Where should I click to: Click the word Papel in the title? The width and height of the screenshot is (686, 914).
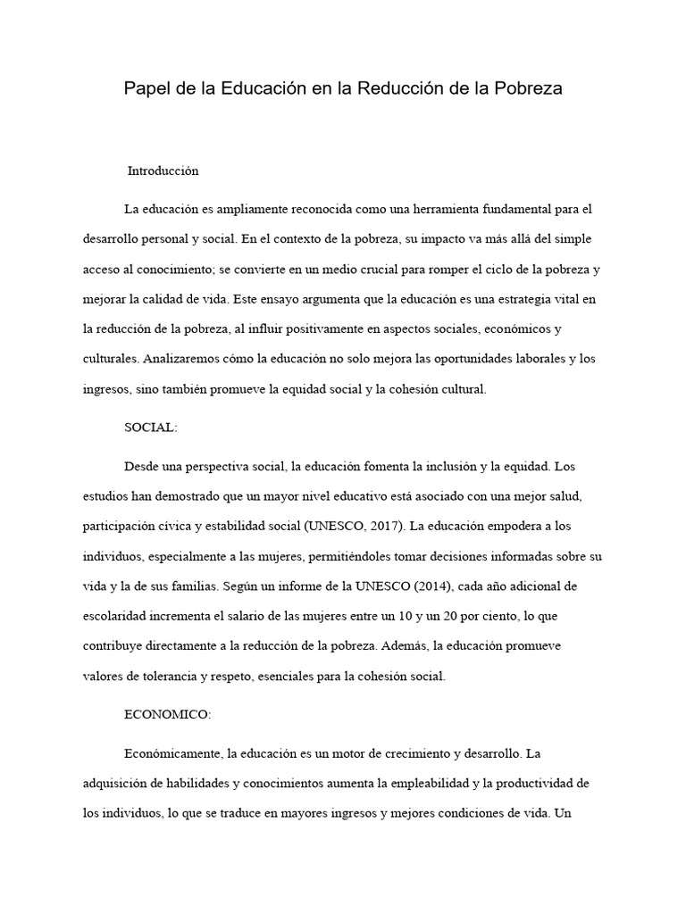click(145, 90)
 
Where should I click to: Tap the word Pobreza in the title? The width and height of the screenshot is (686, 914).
click(531, 90)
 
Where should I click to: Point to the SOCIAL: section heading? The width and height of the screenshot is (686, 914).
click(151, 428)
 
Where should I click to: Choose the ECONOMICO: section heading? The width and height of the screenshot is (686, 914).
click(167, 715)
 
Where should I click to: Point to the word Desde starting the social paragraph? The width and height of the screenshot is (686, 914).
click(141, 466)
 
